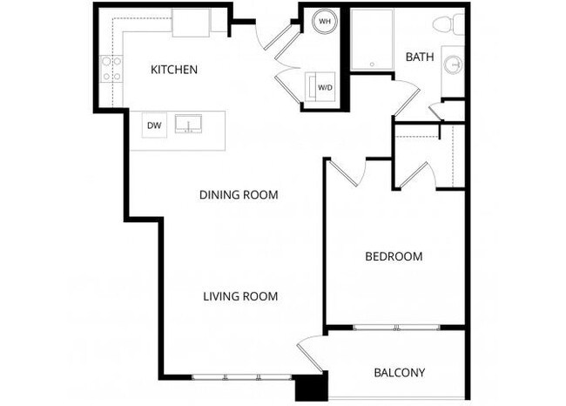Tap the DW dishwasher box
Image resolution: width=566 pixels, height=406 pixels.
pyautogui.click(x=154, y=125)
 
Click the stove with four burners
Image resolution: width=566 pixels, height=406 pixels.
pyautogui.click(x=111, y=69)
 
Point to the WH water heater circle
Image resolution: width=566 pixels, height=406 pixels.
pyautogui.click(x=324, y=21)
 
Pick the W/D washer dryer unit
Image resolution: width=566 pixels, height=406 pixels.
pyautogui.click(x=322, y=87)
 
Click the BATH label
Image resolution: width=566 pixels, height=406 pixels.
pyautogui.click(x=420, y=58)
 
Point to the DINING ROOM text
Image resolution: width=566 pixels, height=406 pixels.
pyautogui.click(x=238, y=195)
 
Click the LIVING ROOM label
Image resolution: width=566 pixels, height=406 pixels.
pyautogui.click(x=240, y=296)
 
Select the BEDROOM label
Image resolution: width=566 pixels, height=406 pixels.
pyautogui.click(x=394, y=257)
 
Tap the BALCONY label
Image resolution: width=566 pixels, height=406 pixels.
pyautogui.click(x=399, y=373)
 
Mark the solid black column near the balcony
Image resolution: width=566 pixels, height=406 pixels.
pyautogui.click(x=310, y=387)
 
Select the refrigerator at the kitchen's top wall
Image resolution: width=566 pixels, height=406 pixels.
pyautogui.click(x=191, y=23)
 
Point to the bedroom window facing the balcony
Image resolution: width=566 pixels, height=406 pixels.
pyautogui.click(x=396, y=328)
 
